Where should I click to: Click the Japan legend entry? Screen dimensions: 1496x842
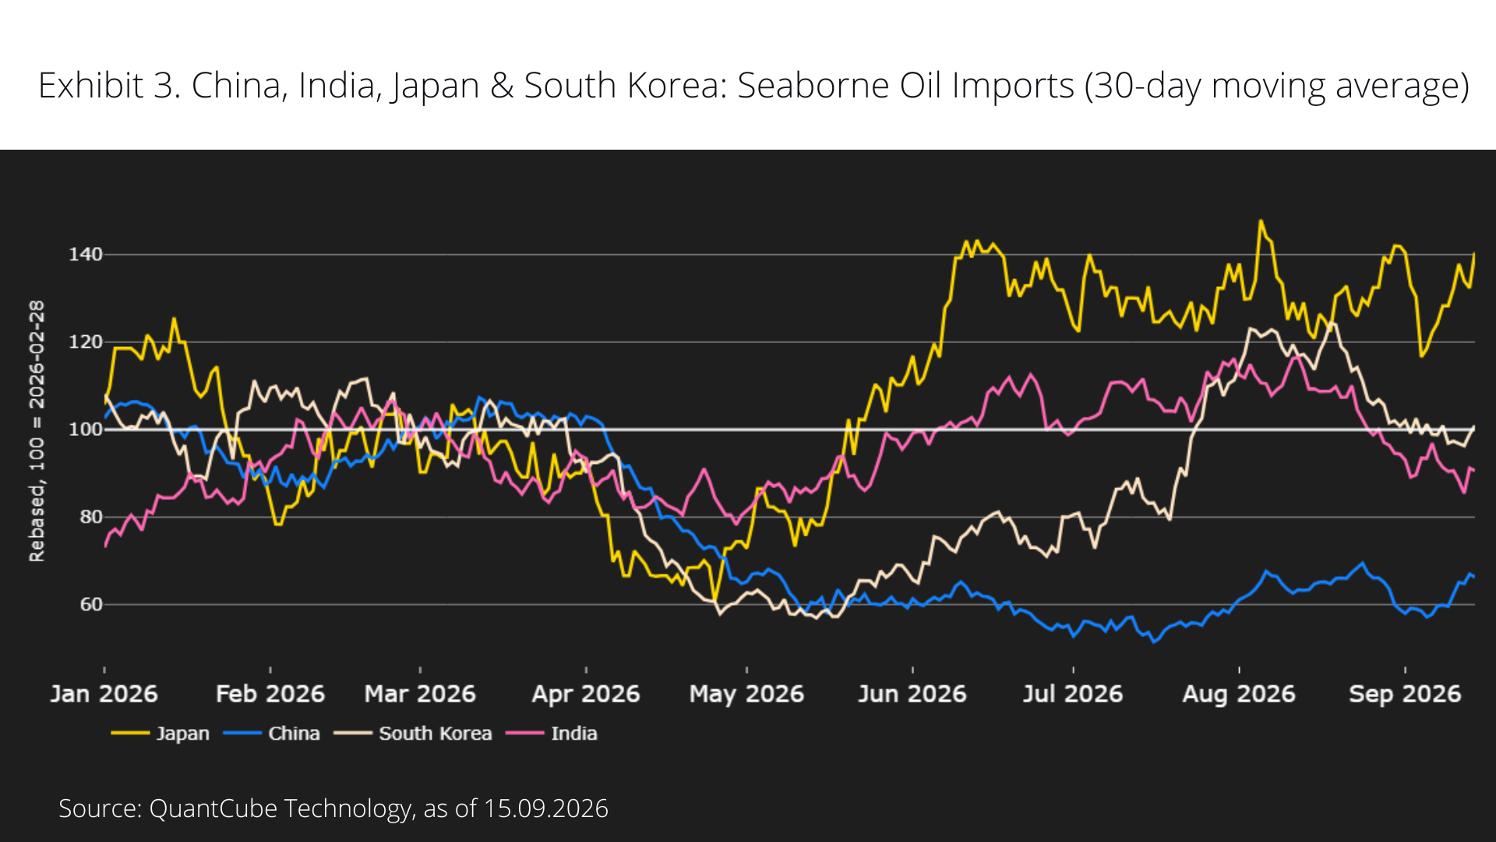(x=161, y=734)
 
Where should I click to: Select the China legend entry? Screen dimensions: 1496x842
(x=272, y=734)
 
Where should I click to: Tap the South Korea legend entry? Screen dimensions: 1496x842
(x=413, y=734)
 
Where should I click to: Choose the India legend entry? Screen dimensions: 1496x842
(x=552, y=734)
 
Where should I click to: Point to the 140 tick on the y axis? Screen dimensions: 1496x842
(x=86, y=254)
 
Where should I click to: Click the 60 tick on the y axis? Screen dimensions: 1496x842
(x=91, y=604)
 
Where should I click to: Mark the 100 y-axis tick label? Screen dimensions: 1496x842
(x=86, y=430)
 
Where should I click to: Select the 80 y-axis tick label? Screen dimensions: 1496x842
(x=91, y=517)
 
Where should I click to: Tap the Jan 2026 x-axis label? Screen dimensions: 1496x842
(x=104, y=694)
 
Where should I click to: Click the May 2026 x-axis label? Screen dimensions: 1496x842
(x=746, y=694)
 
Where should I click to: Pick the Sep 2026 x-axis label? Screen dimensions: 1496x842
(x=1405, y=694)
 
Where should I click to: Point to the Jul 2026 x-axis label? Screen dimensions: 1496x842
(x=1073, y=694)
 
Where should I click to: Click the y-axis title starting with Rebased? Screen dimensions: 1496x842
(x=37, y=431)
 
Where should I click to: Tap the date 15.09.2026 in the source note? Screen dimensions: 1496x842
(x=545, y=808)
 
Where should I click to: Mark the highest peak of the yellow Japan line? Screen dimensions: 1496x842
(x=1261, y=221)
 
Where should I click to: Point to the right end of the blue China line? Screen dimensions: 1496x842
(x=1473, y=577)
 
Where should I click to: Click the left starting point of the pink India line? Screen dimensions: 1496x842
(x=105, y=546)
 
